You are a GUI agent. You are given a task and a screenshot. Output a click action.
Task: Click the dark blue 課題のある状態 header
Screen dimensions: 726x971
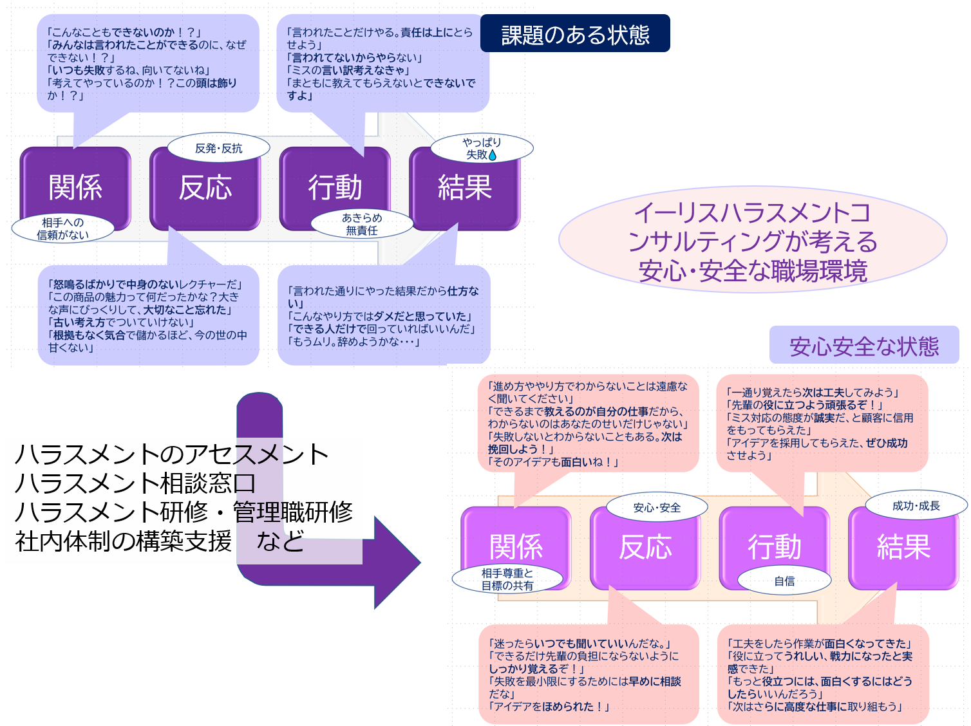[x=575, y=33]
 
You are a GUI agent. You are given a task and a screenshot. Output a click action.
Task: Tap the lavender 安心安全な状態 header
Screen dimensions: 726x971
[x=863, y=346]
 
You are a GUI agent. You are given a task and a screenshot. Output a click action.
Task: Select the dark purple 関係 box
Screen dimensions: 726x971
[x=75, y=187]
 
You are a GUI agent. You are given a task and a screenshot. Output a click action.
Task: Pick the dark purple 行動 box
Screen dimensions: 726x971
[x=335, y=187]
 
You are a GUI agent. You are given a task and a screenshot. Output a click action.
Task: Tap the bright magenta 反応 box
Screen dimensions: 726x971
[x=645, y=547]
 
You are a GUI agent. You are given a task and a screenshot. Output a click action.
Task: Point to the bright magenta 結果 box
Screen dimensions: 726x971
[x=903, y=547]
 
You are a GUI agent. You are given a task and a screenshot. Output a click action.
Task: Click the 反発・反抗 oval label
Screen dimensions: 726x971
[x=219, y=149]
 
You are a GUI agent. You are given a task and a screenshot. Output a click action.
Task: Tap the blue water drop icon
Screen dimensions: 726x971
[x=493, y=155]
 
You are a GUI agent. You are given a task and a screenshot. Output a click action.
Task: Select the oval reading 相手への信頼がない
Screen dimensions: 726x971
[x=62, y=228]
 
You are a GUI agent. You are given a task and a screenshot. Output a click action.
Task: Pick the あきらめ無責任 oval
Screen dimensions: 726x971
[x=362, y=224]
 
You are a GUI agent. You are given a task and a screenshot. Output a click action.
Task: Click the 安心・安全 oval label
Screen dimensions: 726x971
[x=657, y=508]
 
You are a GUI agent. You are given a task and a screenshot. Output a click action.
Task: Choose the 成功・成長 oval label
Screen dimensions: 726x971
[x=916, y=506]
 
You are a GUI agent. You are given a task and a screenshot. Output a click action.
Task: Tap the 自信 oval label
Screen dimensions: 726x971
[x=784, y=581]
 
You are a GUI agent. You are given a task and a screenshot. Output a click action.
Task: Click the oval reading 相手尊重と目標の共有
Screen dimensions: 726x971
[x=507, y=579]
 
